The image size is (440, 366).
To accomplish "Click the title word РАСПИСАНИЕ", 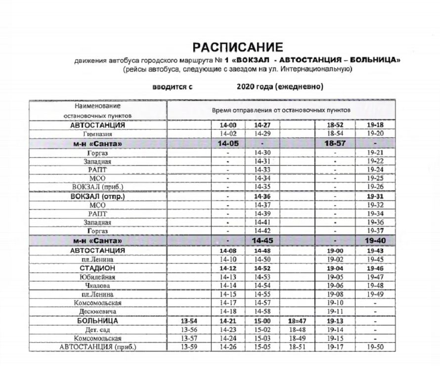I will (238, 47).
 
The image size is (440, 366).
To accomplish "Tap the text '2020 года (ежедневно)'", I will (280, 87).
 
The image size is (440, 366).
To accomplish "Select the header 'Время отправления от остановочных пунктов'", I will (281, 109).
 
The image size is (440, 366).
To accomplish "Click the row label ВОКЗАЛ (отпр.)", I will (97, 196).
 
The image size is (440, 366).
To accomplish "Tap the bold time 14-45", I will (263, 240).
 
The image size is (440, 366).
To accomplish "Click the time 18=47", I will (297, 321).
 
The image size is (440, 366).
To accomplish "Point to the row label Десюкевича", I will (97, 312).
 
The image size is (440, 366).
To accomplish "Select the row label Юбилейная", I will (97, 277).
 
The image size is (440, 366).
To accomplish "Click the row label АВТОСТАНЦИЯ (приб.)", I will (97, 347).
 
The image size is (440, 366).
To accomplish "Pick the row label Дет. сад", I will (97, 330).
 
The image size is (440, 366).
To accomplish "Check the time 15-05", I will (263, 347).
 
